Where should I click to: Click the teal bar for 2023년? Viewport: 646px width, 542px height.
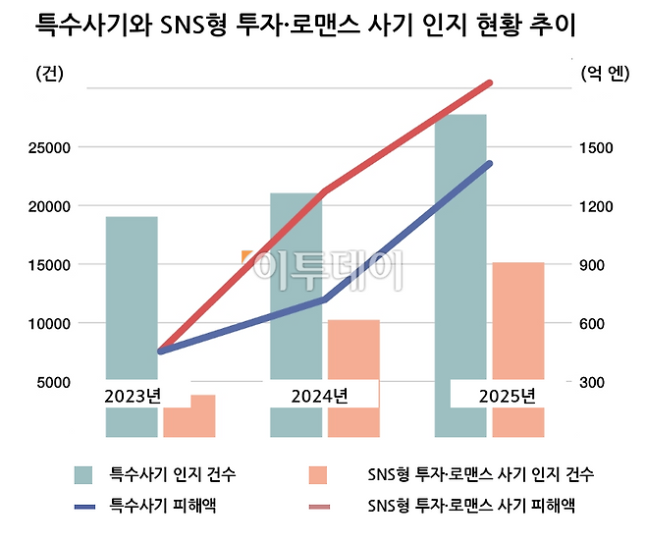(x=132, y=295)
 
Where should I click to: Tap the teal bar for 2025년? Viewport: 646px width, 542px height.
(x=459, y=255)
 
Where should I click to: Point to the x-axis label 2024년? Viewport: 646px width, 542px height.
(x=320, y=397)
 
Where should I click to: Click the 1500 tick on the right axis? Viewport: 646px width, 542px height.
(x=595, y=148)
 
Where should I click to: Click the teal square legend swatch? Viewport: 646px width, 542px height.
(x=84, y=475)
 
